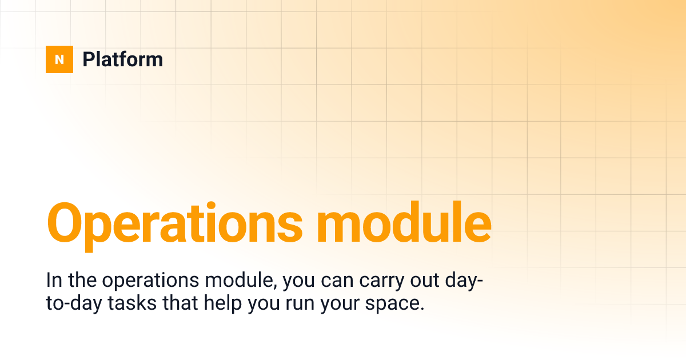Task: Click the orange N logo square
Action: click(59, 59)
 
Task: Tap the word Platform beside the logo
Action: click(123, 59)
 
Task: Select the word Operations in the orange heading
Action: click(174, 222)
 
